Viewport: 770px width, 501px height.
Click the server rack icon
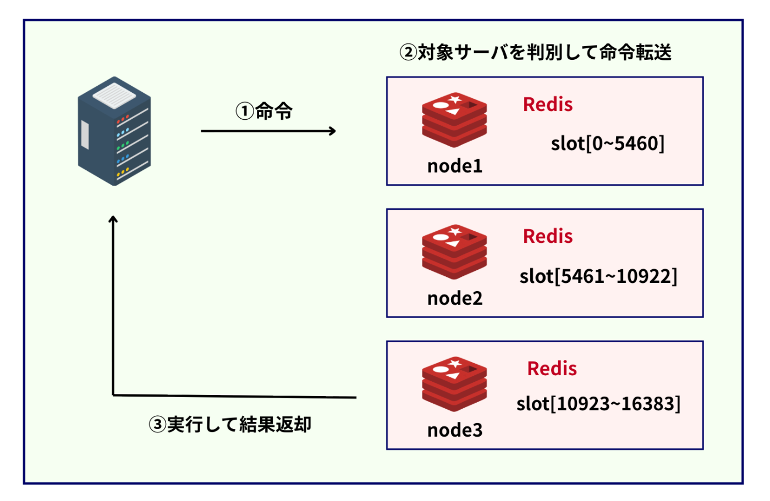(x=114, y=132)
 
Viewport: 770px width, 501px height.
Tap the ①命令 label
(x=264, y=111)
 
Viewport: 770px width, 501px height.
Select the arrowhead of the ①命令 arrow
(x=332, y=131)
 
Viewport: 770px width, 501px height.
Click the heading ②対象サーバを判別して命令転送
(x=535, y=53)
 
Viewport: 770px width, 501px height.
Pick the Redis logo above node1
(x=454, y=119)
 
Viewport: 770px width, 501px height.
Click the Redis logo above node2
(x=454, y=252)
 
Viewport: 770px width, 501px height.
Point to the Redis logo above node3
(x=454, y=384)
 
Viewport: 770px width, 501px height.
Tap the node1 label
(x=455, y=166)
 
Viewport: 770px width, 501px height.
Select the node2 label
(x=455, y=298)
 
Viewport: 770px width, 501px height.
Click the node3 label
(x=455, y=430)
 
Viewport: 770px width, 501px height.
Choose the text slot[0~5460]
(x=608, y=144)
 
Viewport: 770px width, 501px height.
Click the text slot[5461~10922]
(x=598, y=276)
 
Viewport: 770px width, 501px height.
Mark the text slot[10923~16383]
(x=598, y=404)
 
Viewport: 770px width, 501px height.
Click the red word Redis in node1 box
(x=548, y=104)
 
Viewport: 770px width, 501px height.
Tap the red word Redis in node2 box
(x=548, y=236)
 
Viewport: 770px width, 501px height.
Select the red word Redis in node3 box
(x=552, y=369)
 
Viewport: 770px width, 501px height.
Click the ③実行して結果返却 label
(x=230, y=425)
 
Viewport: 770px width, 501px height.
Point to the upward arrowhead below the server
(x=113, y=219)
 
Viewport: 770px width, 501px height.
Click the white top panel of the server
(x=114, y=94)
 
